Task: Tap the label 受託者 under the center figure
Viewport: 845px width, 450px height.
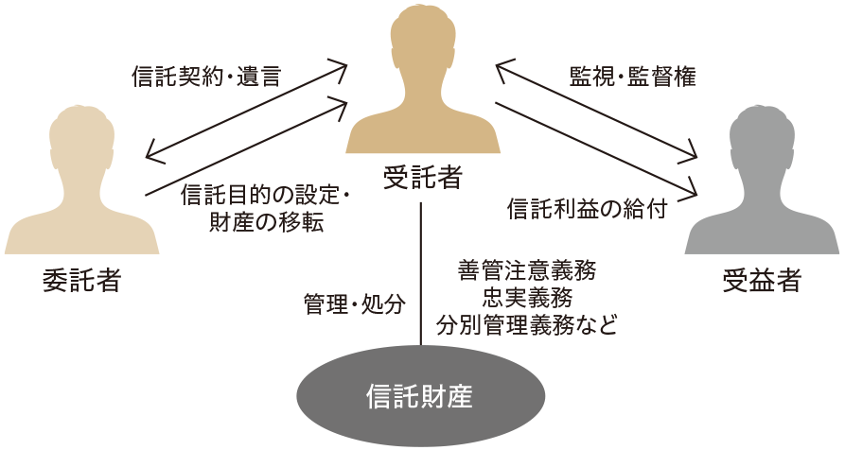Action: (x=422, y=176)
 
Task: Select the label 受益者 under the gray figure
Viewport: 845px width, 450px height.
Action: (x=762, y=280)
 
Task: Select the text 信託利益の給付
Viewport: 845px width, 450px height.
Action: (x=588, y=208)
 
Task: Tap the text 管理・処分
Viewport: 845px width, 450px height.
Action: (x=355, y=304)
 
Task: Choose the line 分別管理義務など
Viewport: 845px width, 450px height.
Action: (x=526, y=327)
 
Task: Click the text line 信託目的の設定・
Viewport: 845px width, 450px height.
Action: (x=266, y=196)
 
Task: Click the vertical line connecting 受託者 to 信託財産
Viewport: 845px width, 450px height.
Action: (x=420, y=274)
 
